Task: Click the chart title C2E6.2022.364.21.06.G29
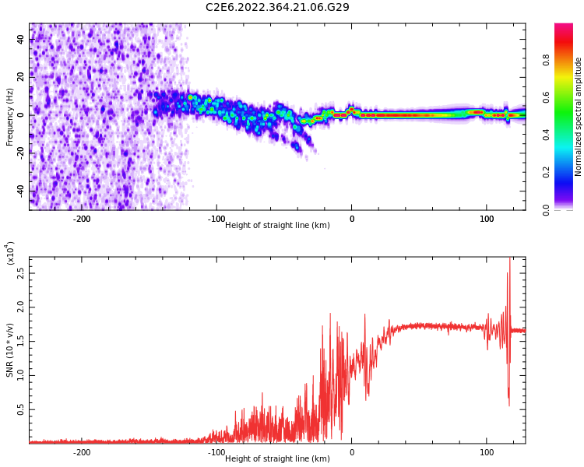(x=277, y=7)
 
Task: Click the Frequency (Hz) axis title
(x=10, y=117)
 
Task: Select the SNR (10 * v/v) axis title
(x=10, y=350)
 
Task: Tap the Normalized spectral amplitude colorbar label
(x=579, y=117)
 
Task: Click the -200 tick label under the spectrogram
(x=82, y=219)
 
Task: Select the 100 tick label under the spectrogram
(x=487, y=219)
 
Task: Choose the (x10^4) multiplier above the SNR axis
(x=10, y=253)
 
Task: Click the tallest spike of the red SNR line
(x=510, y=259)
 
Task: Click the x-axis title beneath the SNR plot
(x=277, y=459)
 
